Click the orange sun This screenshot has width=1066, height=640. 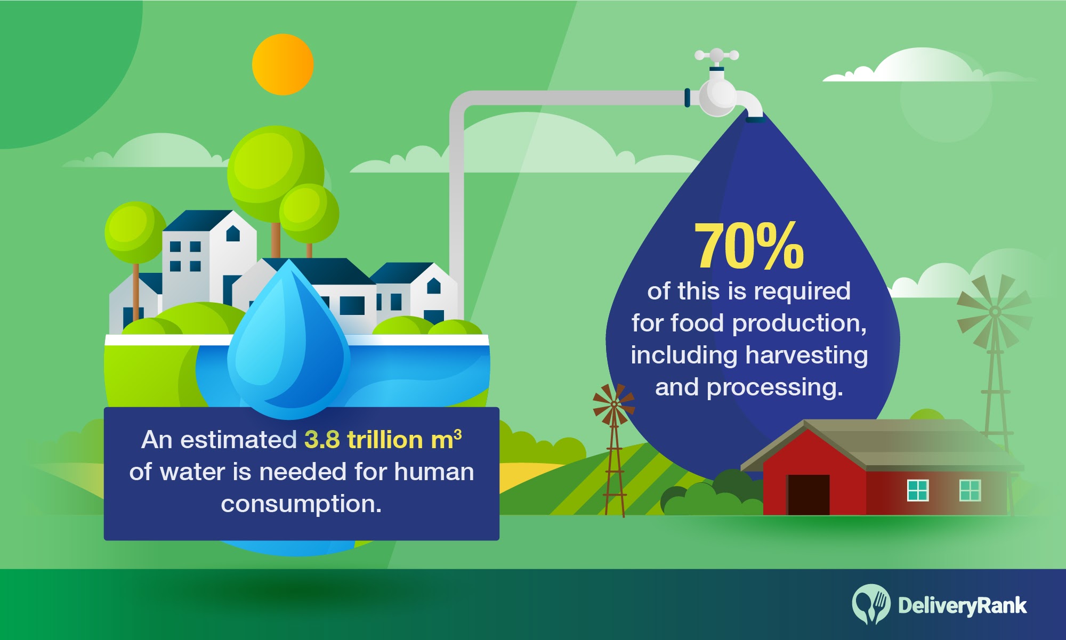pyautogui.click(x=282, y=64)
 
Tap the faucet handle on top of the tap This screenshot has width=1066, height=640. pyautogui.click(x=716, y=55)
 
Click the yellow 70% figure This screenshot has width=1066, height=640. pyautogui.click(x=749, y=246)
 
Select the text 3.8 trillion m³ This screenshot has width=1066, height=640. pyautogui.click(x=383, y=440)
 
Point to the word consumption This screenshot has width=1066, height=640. pyautogui.click(x=301, y=504)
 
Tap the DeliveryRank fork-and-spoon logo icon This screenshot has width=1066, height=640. pyautogui.click(x=871, y=604)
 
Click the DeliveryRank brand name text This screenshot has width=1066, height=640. pyautogui.click(x=962, y=606)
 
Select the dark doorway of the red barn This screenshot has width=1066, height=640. pyautogui.click(x=809, y=495)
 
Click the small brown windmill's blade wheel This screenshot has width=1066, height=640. pyautogui.click(x=614, y=404)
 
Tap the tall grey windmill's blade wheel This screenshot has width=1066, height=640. pyautogui.click(x=995, y=312)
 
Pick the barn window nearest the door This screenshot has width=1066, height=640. pyautogui.click(x=918, y=490)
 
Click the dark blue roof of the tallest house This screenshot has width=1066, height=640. pyautogui.click(x=197, y=220)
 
